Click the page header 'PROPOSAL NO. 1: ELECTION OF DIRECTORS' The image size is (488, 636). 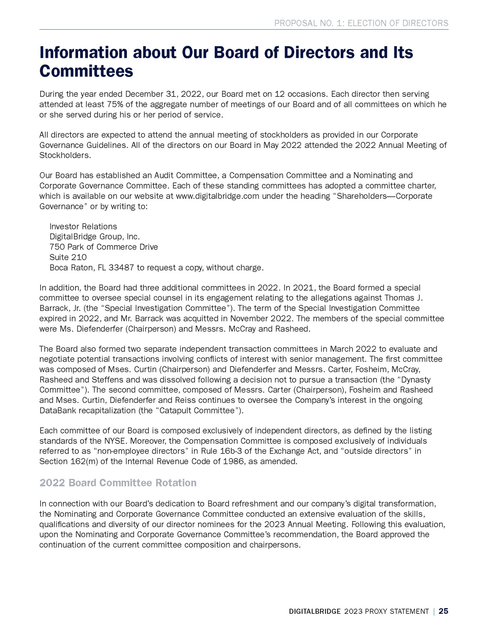coord(361,23)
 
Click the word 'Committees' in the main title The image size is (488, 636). coord(86,71)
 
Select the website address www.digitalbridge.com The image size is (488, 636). coord(217,196)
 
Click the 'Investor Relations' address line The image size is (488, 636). coord(83,226)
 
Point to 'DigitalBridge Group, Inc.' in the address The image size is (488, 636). coord(95,237)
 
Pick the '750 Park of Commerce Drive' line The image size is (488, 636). coord(104,247)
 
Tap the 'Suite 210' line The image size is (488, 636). coord(68,257)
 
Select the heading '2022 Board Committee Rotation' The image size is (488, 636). coord(118,482)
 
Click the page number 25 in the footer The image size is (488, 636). coord(443,611)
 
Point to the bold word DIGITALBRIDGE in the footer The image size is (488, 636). coord(315,612)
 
